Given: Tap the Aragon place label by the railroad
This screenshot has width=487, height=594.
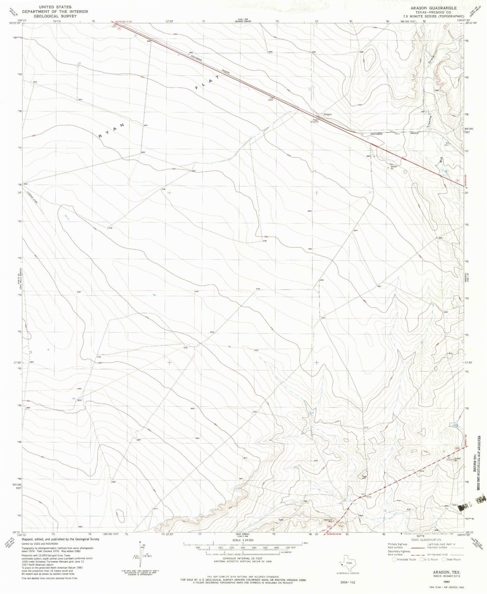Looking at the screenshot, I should (x=327, y=114).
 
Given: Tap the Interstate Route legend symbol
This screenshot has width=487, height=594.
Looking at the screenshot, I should (x=395, y=559).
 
